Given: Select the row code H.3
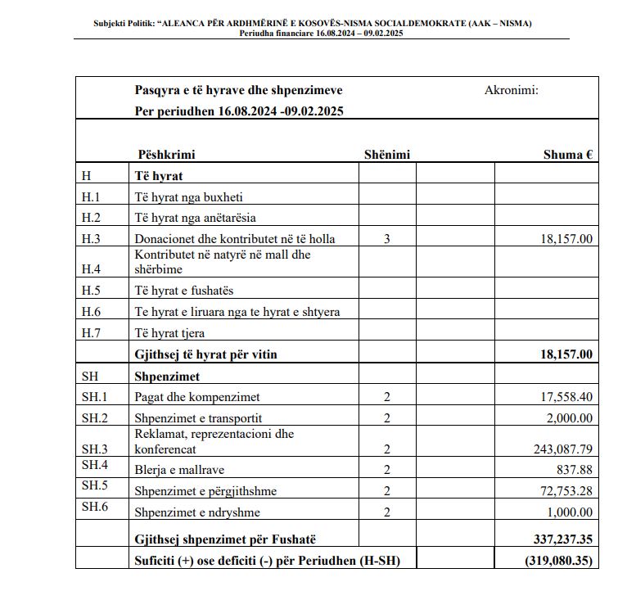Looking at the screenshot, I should coord(91,239).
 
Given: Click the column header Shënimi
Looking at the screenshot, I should coord(386,154).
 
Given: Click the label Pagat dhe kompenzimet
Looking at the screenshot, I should coord(197,397).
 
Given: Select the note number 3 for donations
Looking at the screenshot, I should coord(386,239).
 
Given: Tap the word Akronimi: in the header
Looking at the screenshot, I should coord(512,90).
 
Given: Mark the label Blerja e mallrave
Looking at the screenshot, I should coord(178,470).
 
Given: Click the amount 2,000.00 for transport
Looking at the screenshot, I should coord(571,418).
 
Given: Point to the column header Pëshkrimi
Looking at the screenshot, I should coord(166,154).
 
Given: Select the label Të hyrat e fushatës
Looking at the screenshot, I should coord(187,291).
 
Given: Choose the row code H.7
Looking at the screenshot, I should coord(91,333).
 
